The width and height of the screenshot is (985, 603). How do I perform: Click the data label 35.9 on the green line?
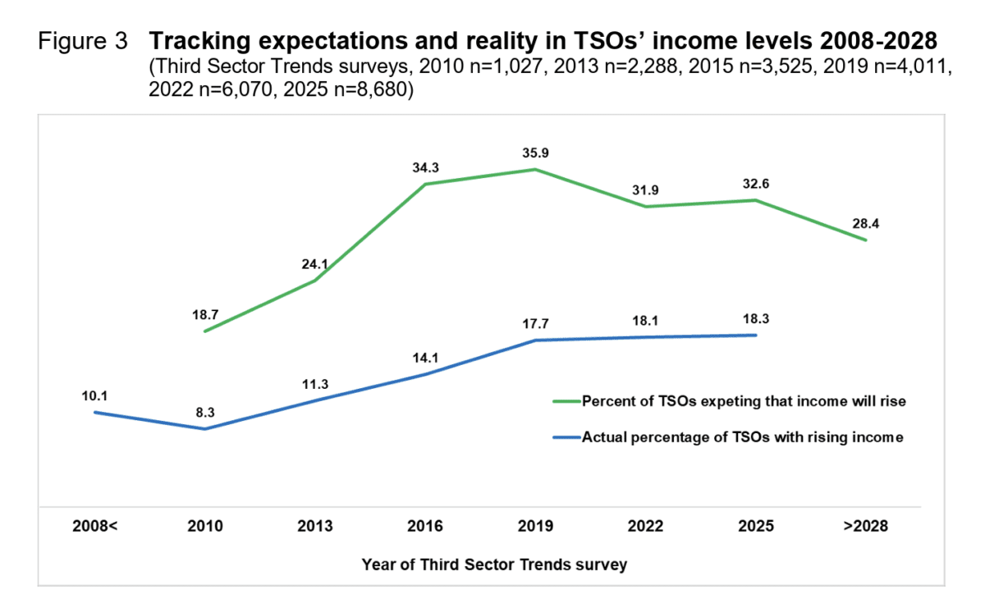pyautogui.click(x=535, y=152)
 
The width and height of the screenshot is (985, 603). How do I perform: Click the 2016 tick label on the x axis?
pyautogui.click(x=425, y=526)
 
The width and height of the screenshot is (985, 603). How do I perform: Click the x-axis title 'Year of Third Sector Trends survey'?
pyautogui.click(x=495, y=564)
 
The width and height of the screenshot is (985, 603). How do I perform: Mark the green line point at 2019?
pyautogui.click(x=535, y=170)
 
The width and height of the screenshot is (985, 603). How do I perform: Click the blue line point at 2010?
pyautogui.click(x=205, y=428)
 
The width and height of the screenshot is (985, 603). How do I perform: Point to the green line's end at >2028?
pyautogui.click(x=866, y=240)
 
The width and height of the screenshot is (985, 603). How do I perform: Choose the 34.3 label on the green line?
pyautogui.click(x=425, y=167)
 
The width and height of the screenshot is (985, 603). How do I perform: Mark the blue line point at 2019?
pyautogui.click(x=535, y=340)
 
